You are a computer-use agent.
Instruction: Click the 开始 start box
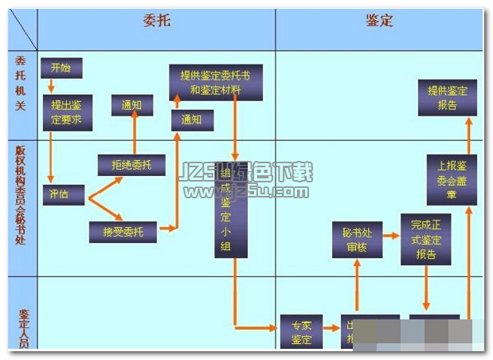coord(61,68)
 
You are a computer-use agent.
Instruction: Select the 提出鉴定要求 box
coord(68,112)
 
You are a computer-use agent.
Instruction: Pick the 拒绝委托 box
coord(131,165)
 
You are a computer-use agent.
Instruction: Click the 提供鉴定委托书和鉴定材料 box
coord(216,83)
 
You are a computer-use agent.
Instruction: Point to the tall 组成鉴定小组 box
coord(231,213)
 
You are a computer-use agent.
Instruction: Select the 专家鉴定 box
coord(301,331)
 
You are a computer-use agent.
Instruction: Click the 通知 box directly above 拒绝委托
coord(131,105)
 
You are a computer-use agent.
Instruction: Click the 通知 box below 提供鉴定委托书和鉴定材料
coord(192,120)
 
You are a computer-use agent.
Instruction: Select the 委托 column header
coord(155,22)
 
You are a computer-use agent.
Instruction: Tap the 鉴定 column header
coord(379,22)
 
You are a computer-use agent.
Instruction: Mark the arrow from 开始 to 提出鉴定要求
coord(52,85)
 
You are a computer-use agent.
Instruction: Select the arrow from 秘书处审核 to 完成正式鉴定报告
coord(391,236)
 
